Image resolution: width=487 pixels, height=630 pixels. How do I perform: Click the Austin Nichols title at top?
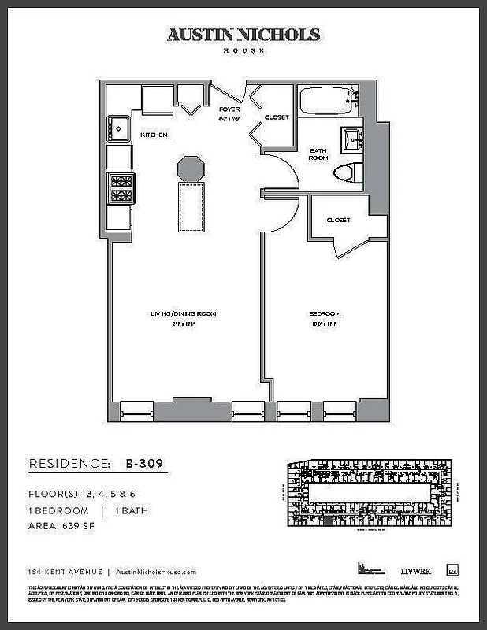tap(243, 35)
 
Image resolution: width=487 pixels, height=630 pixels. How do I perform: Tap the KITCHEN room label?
tap(154, 135)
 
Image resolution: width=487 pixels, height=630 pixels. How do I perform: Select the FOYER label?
tap(229, 109)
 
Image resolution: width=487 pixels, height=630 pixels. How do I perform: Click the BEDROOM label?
tap(325, 313)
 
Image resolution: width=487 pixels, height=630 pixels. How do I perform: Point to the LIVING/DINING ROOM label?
tap(184, 313)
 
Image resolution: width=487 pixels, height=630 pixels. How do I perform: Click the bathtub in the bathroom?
tap(328, 102)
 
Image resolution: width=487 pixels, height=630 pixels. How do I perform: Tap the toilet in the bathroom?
tap(346, 173)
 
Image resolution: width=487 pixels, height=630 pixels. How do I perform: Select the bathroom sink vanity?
tap(351, 139)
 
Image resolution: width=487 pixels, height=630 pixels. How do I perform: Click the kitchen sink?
tap(119, 127)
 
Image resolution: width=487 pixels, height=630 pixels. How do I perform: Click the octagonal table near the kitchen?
tap(191, 168)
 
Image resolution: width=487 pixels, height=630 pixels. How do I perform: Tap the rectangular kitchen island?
tap(191, 206)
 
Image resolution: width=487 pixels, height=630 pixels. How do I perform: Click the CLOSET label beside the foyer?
tap(277, 117)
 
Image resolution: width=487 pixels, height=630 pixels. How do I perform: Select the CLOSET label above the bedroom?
tap(338, 220)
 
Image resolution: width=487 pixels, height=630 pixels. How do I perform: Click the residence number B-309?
tap(144, 463)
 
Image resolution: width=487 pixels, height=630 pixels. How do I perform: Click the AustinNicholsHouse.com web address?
tap(155, 573)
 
